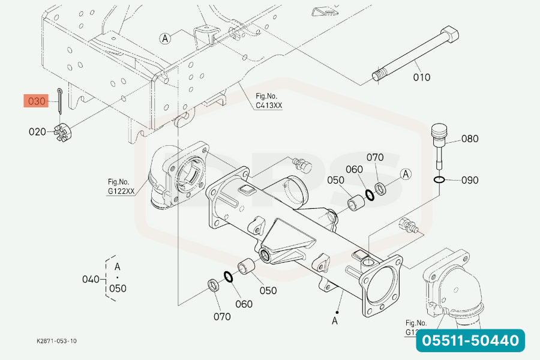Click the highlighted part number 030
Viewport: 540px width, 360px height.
tap(37, 101)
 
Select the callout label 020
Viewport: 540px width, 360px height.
tap(37, 131)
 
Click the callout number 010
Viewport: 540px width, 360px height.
tap(421, 77)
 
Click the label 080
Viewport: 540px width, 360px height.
tap(470, 139)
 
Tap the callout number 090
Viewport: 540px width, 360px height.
tap(470, 179)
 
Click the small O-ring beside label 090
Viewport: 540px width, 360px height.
tap(439, 179)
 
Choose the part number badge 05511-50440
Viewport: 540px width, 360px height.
tap(470, 341)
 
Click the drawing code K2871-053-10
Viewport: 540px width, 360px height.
tap(56, 341)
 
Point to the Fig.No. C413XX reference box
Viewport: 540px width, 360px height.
tap(268, 100)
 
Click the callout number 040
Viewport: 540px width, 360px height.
tap(91, 279)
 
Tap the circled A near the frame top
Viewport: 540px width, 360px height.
tap(166, 38)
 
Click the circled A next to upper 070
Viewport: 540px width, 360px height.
tap(406, 174)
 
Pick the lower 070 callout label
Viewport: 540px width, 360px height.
tap(221, 316)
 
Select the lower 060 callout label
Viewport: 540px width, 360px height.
tap(244, 304)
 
